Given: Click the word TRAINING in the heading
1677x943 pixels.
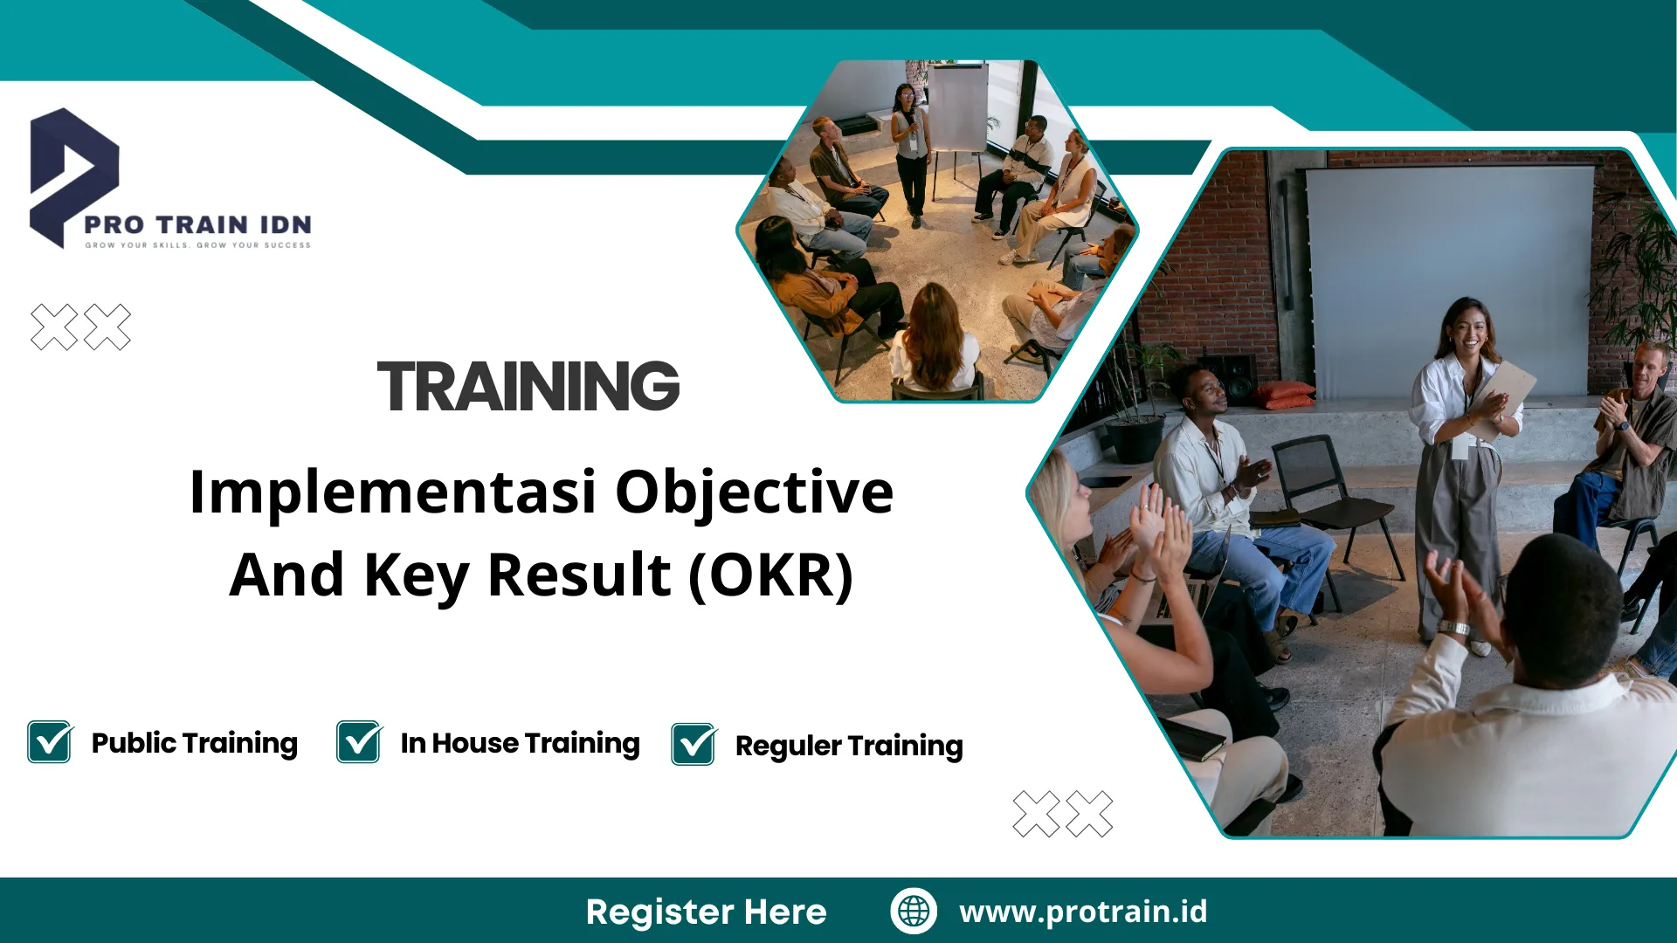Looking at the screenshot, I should tap(528, 387).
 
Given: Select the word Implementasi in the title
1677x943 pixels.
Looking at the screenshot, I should tap(392, 492).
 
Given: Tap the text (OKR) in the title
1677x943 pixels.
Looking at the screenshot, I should tap(770, 575).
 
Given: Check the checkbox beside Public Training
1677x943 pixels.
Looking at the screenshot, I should tap(50, 742).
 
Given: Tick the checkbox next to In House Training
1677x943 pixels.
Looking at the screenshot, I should tap(359, 742).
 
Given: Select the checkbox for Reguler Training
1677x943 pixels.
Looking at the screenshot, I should tap(694, 745).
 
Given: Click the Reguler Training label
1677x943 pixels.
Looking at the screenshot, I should tap(848, 746).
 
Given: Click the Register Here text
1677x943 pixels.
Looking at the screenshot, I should tap(706, 912).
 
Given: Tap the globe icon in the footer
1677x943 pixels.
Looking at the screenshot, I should tap(914, 911).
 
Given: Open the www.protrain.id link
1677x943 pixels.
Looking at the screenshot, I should tap(1083, 912).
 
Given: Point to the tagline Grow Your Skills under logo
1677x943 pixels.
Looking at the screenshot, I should tap(197, 245).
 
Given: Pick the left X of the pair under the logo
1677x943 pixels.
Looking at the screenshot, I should tap(54, 327).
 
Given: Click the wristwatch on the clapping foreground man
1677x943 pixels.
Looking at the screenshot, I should tap(1453, 628).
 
